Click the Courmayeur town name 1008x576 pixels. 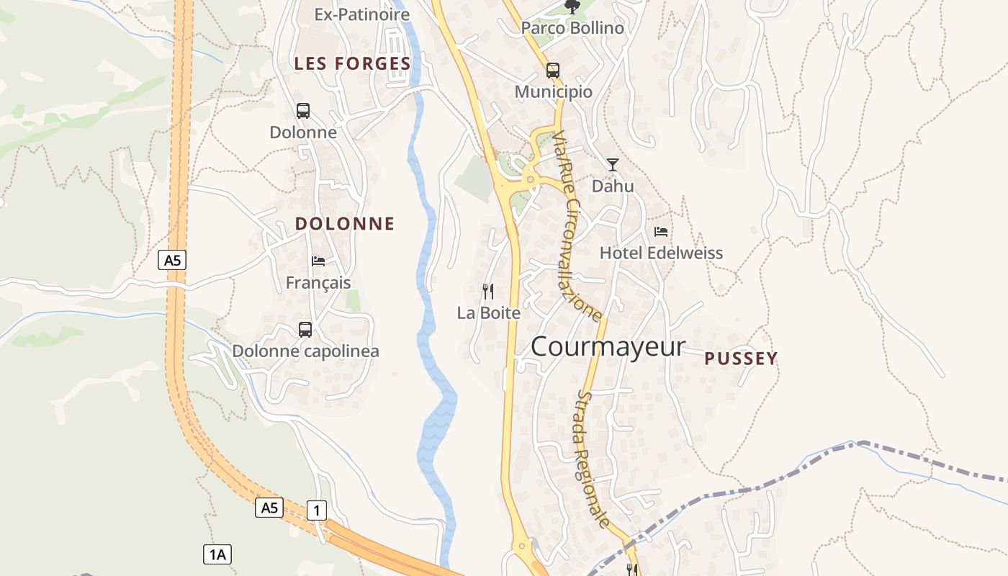pyautogui.click(x=608, y=346)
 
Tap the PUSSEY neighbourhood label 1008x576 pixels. pyautogui.click(x=741, y=359)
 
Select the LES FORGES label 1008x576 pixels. pyautogui.click(x=352, y=63)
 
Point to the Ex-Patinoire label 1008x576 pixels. pyautogui.click(x=362, y=14)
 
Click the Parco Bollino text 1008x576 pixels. pyautogui.click(x=572, y=29)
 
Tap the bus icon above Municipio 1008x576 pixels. pyautogui.click(x=553, y=71)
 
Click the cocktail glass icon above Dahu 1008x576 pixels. pyautogui.click(x=612, y=165)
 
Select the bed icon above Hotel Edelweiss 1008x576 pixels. pyautogui.click(x=661, y=232)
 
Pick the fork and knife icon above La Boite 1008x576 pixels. pyautogui.click(x=488, y=292)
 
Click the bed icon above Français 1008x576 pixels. pyautogui.click(x=318, y=261)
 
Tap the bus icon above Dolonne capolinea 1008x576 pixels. pyautogui.click(x=305, y=330)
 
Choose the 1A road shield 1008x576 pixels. pyautogui.click(x=217, y=554)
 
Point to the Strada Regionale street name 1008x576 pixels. pyautogui.click(x=595, y=459)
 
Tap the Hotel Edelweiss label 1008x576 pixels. pyautogui.click(x=661, y=253)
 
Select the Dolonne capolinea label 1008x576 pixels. pyautogui.click(x=305, y=351)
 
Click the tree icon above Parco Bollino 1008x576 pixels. pyautogui.click(x=572, y=7)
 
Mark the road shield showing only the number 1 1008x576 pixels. pyautogui.click(x=317, y=510)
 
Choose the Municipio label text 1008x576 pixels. pyautogui.click(x=553, y=92)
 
